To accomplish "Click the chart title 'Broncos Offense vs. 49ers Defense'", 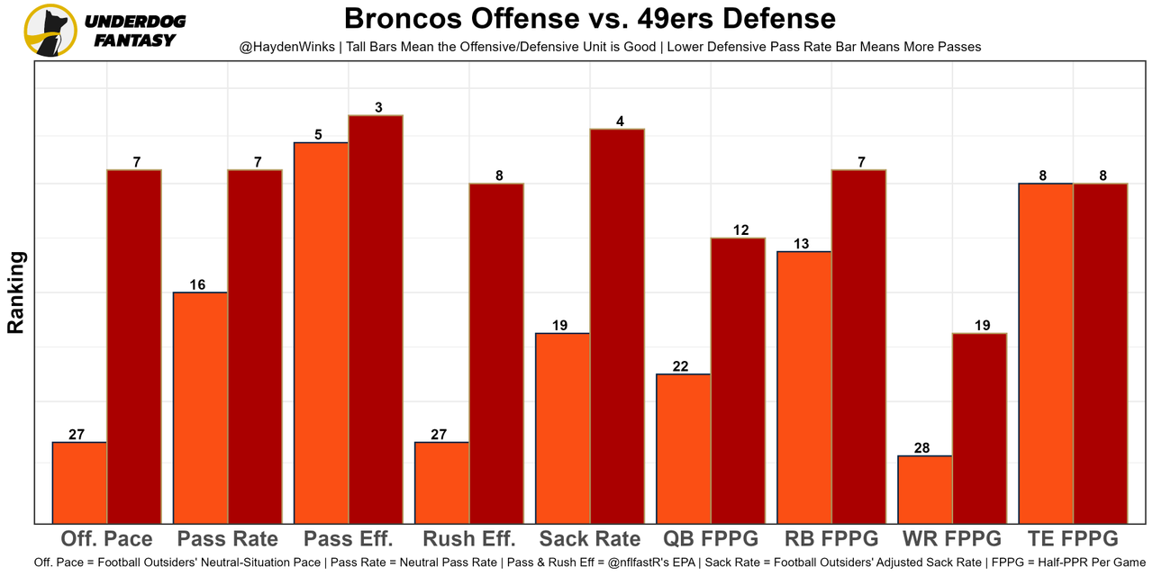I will [x=589, y=18].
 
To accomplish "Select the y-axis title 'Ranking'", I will [x=16, y=292].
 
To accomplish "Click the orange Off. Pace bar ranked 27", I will [x=79, y=482].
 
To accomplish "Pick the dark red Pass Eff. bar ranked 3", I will [x=376, y=319].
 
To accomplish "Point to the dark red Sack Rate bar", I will [x=617, y=326].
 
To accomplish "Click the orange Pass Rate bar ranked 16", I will [x=200, y=407].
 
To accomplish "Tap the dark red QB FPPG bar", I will [x=738, y=380].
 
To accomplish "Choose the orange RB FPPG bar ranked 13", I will [x=804, y=387].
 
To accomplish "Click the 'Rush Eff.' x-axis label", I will [x=469, y=539].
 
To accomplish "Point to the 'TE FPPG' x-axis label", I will [x=1073, y=539].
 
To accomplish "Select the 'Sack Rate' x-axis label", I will [x=590, y=539].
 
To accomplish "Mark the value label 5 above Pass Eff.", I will [x=319, y=135].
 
